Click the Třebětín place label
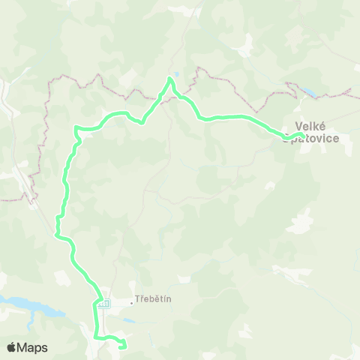coord(154,299)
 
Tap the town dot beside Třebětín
coord(132,302)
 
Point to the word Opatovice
coord(313,139)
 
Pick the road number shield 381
coord(103,303)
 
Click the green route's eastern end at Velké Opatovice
coord(301,135)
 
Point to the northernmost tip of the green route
coord(170,79)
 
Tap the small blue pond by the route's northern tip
coord(175,74)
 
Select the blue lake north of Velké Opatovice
coord(309,94)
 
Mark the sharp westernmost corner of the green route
coord(75,127)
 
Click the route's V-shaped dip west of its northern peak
coord(142,122)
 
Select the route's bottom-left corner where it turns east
coord(97,337)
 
